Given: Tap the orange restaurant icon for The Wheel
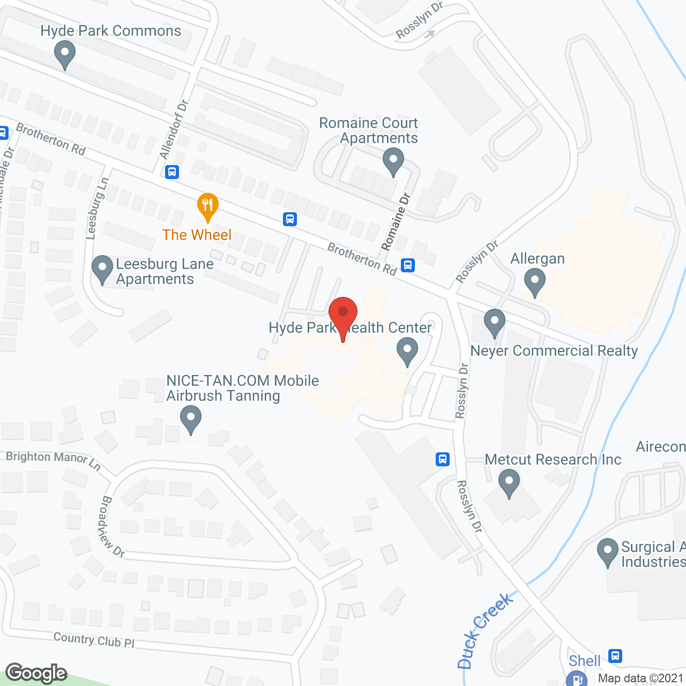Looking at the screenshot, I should tap(207, 205).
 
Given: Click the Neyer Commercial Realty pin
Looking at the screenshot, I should tap(494, 323).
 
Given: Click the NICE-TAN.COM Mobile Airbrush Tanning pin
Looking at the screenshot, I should tap(190, 419).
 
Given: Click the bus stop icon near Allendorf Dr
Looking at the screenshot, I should tap(172, 172).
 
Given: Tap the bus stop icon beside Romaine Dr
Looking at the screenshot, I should tap(408, 265).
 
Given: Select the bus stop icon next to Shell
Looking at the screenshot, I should tap(615, 655).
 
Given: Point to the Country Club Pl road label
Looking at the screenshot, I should tap(94, 639).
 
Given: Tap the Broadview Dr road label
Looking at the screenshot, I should tap(112, 526).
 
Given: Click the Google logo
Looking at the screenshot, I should tap(36, 673).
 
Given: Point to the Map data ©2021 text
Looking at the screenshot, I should tap(640, 678).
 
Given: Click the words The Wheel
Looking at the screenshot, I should tap(197, 235).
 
